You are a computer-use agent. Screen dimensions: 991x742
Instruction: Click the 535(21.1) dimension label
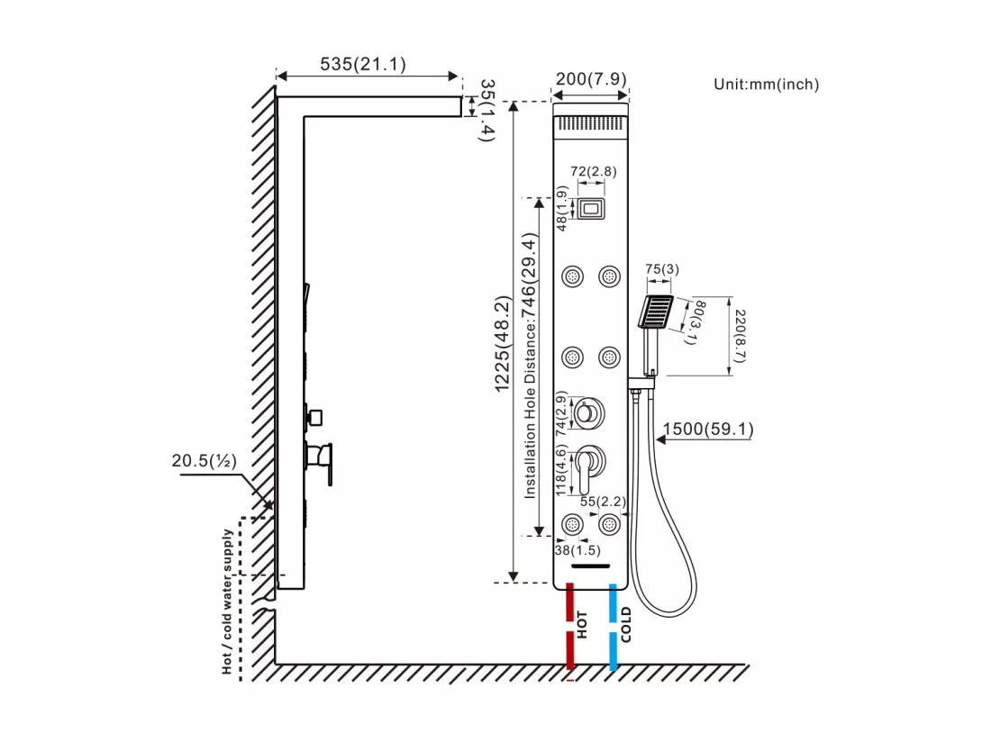[x=363, y=64]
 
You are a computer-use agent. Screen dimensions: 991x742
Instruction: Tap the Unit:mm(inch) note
[x=766, y=84]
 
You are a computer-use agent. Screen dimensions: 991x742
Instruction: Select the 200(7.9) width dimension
[x=591, y=79]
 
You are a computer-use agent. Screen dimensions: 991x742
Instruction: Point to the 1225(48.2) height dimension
[x=503, y=344]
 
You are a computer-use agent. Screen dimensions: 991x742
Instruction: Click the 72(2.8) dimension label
[x=594, y=171]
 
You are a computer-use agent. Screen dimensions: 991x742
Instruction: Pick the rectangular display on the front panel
[x=591, y=208]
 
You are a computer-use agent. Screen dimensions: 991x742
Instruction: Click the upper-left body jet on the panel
[x=573, y=276]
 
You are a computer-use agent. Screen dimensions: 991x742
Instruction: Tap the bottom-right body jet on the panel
[x=609, y=524]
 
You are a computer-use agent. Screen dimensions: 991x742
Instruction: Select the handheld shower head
[x=655, y=312]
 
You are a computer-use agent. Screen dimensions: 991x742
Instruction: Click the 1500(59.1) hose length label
[x=708, y=430]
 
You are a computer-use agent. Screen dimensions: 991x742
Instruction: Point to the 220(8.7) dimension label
[x=740, y=336]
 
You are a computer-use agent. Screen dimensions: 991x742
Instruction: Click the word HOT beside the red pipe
[x=582, y=624]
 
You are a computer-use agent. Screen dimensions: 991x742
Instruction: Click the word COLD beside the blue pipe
[x=626, y=625]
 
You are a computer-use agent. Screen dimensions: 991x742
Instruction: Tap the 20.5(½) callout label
[x=205, y=460]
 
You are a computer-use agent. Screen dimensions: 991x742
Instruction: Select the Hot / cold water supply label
[x=227, y=602]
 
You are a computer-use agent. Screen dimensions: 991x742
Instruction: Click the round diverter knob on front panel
[x=587, y=414]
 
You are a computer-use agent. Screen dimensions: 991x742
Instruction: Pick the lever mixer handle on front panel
[x=587, y=467]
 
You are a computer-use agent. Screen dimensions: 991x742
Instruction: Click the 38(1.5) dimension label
[x=577, y=550]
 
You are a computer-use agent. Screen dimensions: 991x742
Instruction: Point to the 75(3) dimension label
[x=662, y=269]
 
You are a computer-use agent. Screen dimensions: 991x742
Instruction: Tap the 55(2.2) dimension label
[x=603, y=502]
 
